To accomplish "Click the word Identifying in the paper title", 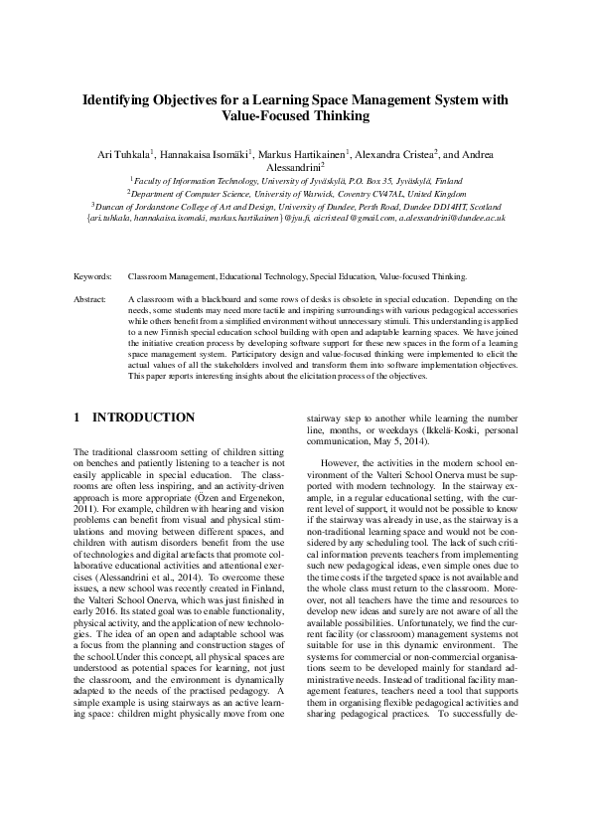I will [x=119, y=99].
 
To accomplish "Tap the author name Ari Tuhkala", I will [x=122, y=155].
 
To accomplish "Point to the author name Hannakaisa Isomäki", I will [x=208, y=155].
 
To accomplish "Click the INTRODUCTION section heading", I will [x=144, y=418].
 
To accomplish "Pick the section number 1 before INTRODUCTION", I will [x=77, y=418].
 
